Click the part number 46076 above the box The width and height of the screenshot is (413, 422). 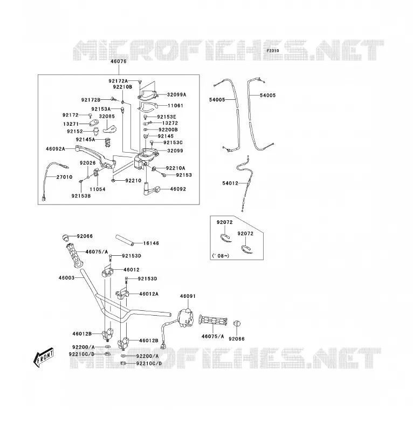pyautogui.click(x=119, y=62)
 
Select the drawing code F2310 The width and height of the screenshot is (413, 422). pyautogui.click(x=273, y=51)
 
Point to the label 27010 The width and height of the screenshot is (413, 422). pyautogui.click(x=64, y=177)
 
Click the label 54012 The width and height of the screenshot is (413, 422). pyautogui.click(x=230, y=183)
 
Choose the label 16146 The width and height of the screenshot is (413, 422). pyautogui.click(x=151, y=243)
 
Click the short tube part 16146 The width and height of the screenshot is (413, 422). pyautogui.click(x=125, y=240)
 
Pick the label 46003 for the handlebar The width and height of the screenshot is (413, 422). pyautogui.click(x=66, y=278)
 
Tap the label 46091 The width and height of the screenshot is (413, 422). pyautogui.click(x=188, y=296)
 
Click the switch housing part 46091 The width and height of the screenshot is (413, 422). pyautogui.click(x=186, y=317)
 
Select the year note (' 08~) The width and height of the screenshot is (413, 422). pyautogui.click(x=221, y=256)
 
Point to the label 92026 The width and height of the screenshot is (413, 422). pyautogui.click(x=88, y=163)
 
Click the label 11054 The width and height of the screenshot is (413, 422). pyautogui.click(x=98, y=189)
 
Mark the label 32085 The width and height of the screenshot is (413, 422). pyautogui.click(x=107, y=116)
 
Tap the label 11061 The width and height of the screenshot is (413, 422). pyautogui.click(x=175, y=106)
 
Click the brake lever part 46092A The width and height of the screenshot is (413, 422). pyautogui.click(x=95, y=157)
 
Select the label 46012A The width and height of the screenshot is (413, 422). pyautogui.click(x=149, y=294)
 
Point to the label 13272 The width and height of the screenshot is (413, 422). pyautogui.click(x=170, y=123)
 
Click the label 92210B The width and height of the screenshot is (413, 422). pyautogui.click(x=122, y=87)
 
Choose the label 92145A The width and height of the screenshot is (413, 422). pyautogui.click(x=86, y=139)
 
